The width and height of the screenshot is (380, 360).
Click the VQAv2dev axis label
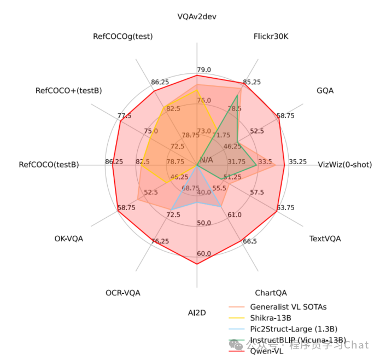[197, 16]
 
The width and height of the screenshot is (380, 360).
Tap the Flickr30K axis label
[271, 37]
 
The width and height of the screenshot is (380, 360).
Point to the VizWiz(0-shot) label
[344, 165]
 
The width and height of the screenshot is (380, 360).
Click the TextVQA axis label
[325, 239]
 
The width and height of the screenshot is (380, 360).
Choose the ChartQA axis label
[271, 293]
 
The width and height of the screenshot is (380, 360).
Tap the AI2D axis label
[197, 312]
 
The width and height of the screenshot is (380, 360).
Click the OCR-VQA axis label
[123, 293]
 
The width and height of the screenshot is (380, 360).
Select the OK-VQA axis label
[69, 239]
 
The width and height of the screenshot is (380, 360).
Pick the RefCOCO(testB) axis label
[49, 165]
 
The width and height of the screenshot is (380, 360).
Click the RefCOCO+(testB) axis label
[68, 90]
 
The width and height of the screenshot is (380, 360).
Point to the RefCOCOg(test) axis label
[123, 37]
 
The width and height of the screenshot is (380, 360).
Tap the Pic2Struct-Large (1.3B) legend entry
[294, 329]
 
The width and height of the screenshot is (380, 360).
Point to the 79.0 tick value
[204, 70]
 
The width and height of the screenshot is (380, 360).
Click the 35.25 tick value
[297, 162]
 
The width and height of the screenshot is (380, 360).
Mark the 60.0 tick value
[204, 253]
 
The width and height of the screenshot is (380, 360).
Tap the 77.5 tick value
[124, 116]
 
